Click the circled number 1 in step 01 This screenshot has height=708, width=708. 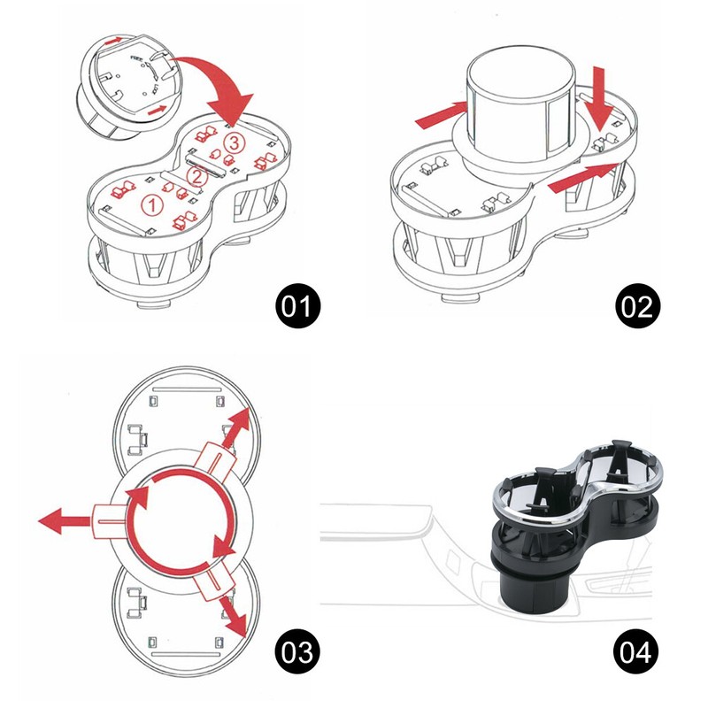click(x=153, y=204)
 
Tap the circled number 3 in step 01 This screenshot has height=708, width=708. click(x=233, y=142)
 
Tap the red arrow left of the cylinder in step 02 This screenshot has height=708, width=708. click(x=440, y=114)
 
